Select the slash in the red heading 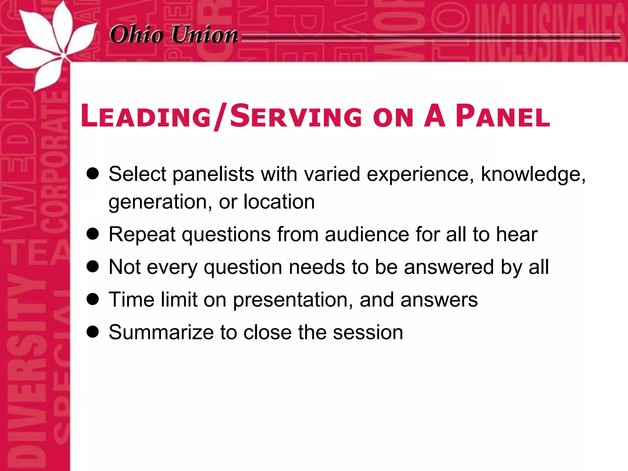tap(220, 117)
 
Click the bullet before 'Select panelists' tap(93, 174)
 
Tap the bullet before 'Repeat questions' tap(93, 234)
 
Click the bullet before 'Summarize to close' tap(93, 332)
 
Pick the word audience tap(367, 234)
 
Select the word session tap(368, 332)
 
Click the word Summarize tap(161, 332)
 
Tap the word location tap(279, 202)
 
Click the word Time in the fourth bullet tap(132, 299)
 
